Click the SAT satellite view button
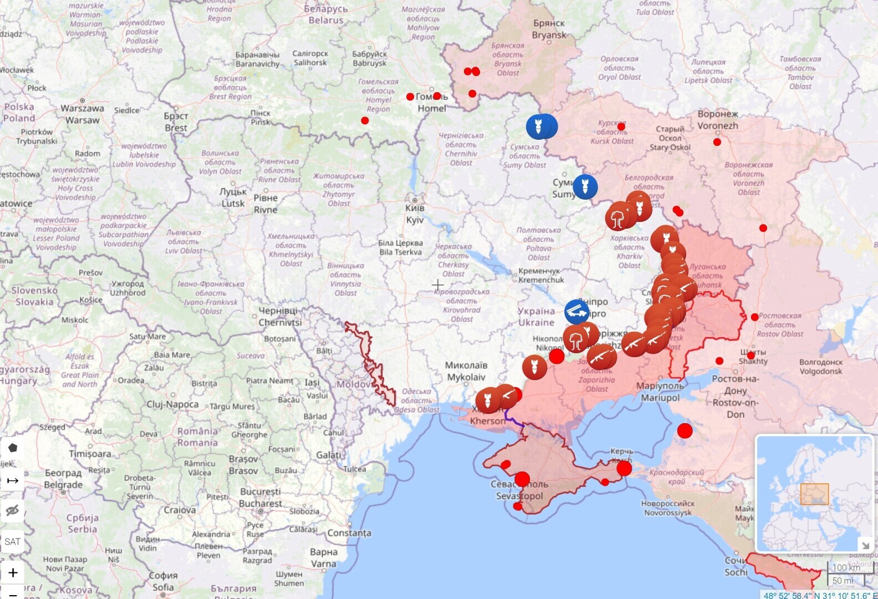12,541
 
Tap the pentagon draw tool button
12,448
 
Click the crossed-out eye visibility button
12,510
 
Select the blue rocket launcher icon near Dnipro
577,312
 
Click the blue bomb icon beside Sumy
585,187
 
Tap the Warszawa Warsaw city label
82,114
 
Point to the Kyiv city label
415,214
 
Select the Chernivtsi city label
279,317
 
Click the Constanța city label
349,533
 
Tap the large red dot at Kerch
624,469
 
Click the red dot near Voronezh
717,142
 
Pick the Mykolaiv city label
466,371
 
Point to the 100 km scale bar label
846,567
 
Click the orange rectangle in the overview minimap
814,494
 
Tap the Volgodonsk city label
820,367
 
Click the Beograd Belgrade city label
63,479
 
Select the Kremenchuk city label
541,275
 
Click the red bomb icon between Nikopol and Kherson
534,367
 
